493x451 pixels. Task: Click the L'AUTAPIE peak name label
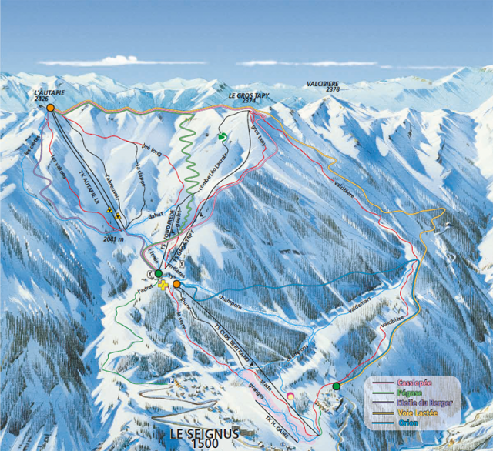click(x=49, y=92)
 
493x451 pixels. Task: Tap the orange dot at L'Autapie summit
click(x=50, y=108)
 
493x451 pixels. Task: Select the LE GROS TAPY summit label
click(x=247, y=95)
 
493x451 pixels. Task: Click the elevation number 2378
click(x=332, y=90)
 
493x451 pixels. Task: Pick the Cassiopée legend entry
click(x=414, y=382)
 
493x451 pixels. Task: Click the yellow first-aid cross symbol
click(x=163, y=285)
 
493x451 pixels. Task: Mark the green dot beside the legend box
click(x=337, y=386)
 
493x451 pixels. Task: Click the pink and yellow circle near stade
click(x=290, y=396)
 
